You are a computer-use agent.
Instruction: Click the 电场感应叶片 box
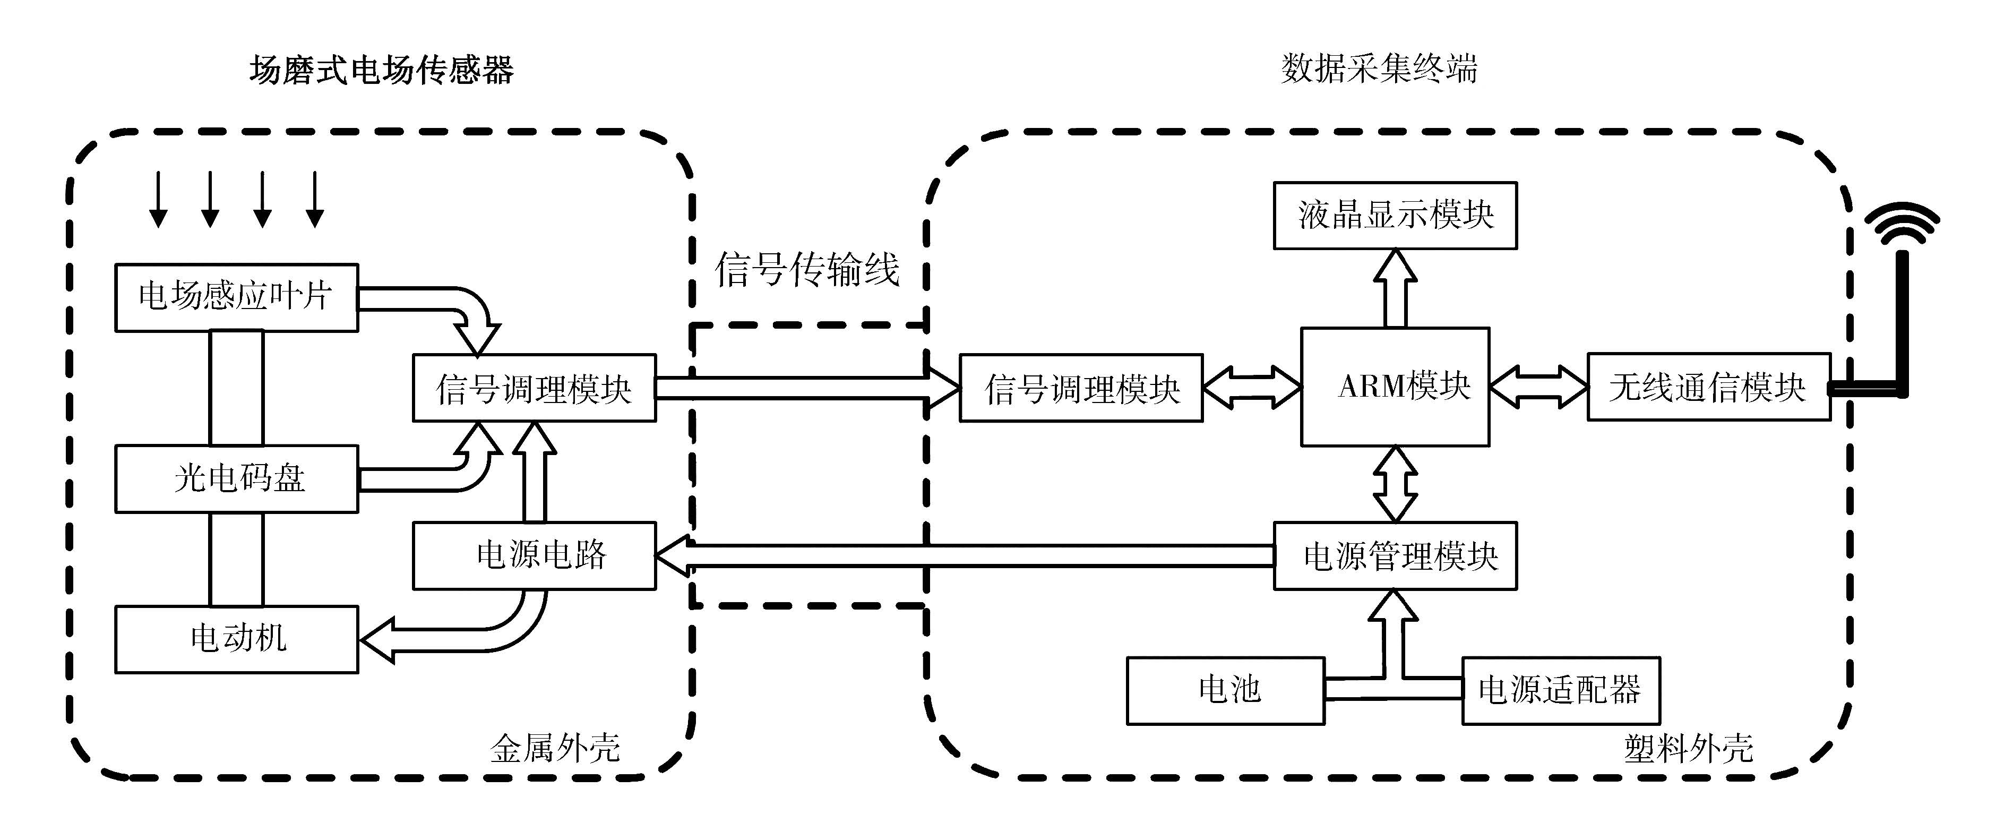click(236, 297)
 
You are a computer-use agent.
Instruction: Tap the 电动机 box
click(236, 639)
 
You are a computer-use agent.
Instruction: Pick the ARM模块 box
click(1395, 387)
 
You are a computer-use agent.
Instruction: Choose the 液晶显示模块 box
click(1395, 216)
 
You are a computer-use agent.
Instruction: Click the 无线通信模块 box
click(1708, 387)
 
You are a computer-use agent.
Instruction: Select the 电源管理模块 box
click(1395, 555)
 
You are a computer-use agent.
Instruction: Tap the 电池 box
click(1225, 690)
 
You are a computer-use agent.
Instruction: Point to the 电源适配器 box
click(1561, 690)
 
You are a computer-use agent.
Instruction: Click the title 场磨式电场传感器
click(381, 71)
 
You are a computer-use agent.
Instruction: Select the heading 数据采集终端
click(1379, 69)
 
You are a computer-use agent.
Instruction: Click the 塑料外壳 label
click(1688, 749)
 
